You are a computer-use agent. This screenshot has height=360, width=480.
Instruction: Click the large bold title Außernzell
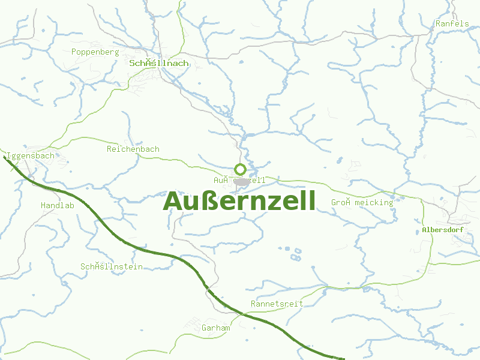tap(239, 202)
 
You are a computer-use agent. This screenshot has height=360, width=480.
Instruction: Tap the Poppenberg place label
tap(95, 52)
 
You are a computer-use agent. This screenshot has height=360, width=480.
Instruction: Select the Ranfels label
tap(452, 23)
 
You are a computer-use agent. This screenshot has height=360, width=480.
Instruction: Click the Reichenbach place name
tap(133, 149)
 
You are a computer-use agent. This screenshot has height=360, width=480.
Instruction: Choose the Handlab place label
tap(58, 205)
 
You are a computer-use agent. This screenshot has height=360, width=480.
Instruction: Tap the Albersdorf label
tap(443, 230)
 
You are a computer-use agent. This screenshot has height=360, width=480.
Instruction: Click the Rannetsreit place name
tap(277, 304)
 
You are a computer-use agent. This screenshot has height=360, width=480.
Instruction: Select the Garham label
tap(216, 328)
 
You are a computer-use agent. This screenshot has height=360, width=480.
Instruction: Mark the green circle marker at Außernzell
tap(240, 169)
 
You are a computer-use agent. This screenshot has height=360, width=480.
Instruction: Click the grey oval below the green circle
tap(241, 181)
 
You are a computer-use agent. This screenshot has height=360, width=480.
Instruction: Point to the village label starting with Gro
tap(362, 202)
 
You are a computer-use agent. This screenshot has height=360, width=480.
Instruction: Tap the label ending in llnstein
tap(112, 266)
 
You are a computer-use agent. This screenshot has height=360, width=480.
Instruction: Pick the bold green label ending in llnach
tap(158, 63)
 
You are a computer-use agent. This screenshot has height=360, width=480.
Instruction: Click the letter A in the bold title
tap(173, 202)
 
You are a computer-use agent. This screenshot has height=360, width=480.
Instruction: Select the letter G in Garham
tap(205, 328)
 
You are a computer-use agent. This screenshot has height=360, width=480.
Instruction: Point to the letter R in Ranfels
tap(439, 23)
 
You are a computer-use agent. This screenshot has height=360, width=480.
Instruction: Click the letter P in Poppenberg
tap(74, 52)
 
